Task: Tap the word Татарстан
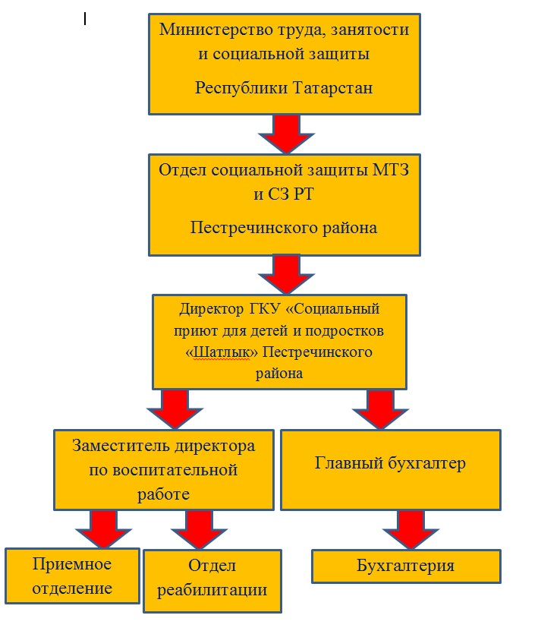coord(332,87)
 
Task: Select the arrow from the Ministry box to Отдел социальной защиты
coord(286,134)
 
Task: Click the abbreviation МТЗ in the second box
coord(391,170)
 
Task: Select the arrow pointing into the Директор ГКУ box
coord(286,274)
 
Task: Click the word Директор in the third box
coord(211,309)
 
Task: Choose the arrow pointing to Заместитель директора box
coord(175,409)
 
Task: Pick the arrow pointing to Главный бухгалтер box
coord(380,409)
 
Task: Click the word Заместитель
coord(118,446)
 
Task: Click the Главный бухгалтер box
coord(391,470)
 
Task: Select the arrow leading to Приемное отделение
coord(103,528)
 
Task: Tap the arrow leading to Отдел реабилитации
coord(199,529)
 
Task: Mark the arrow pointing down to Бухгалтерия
coord(410,529)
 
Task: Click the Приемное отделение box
coord(72,576)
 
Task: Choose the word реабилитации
coord(212,590)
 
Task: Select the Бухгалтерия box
coord(406,566)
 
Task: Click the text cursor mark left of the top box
coord(85,19)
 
